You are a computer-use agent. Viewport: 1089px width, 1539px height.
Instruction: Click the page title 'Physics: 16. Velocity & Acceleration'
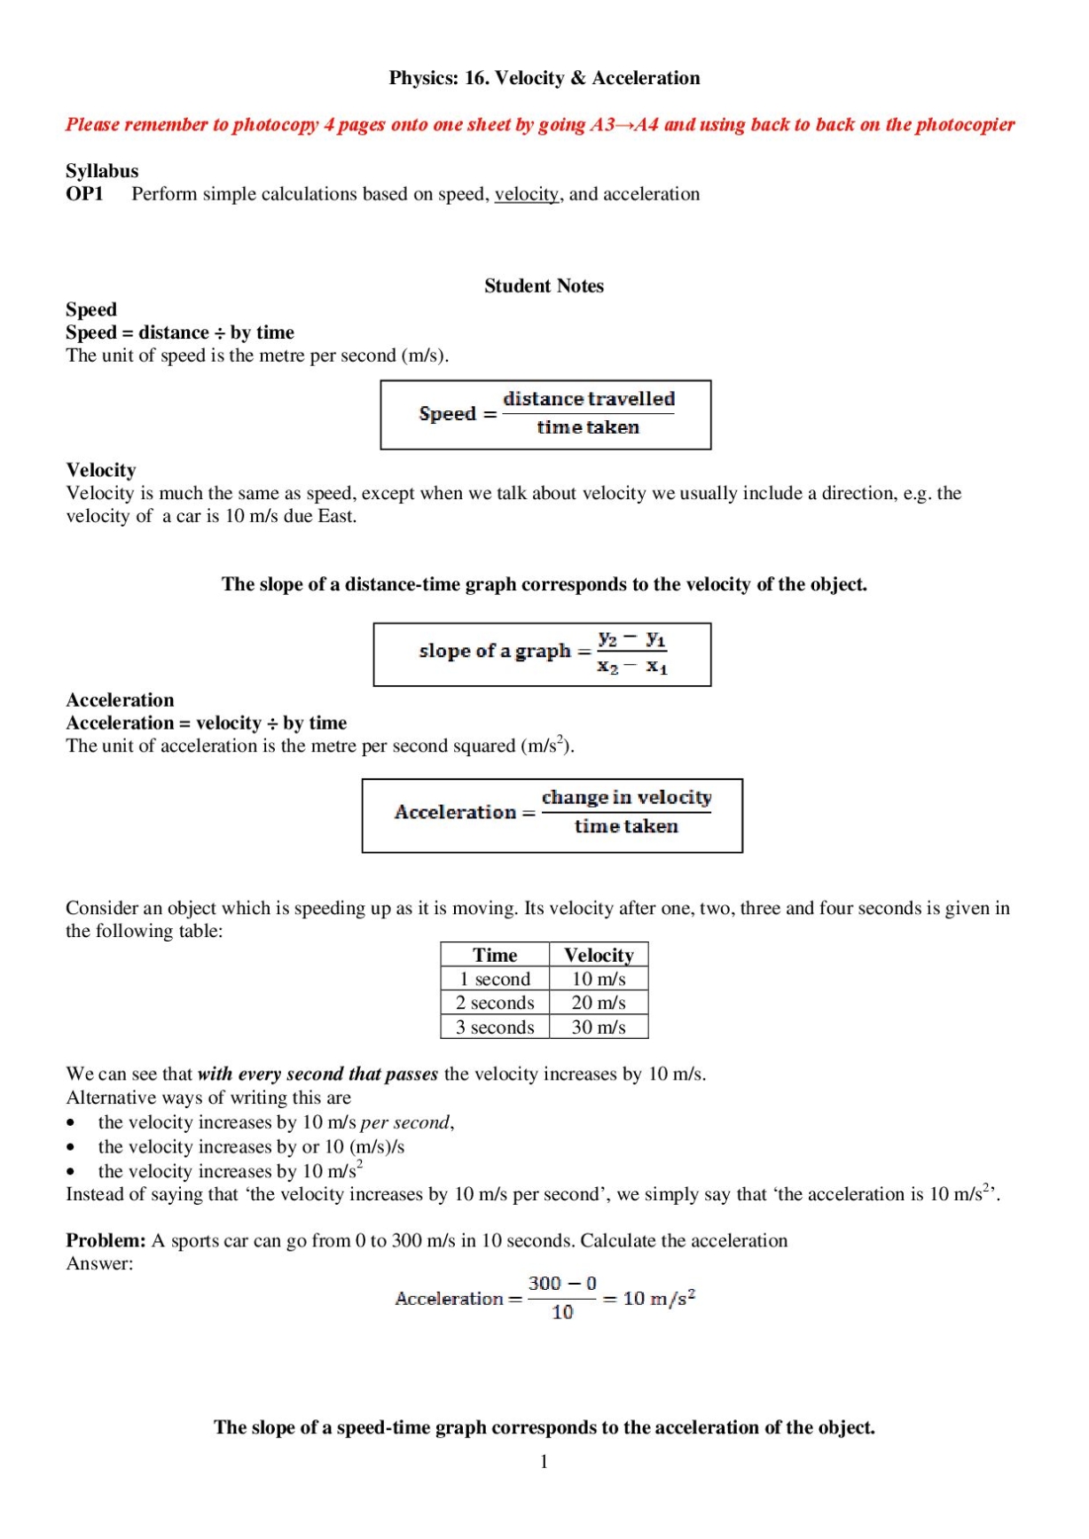coord(544,78)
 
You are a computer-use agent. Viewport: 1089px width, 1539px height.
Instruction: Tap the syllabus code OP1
coord(84,194)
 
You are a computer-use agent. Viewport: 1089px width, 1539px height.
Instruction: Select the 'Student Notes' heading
coord(544,286)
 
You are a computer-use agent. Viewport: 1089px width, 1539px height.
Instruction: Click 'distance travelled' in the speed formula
coord(589,399)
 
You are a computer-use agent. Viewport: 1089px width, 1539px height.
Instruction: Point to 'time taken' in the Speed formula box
coord(587,427)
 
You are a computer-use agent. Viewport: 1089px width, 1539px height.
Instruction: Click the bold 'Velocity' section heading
coord(101,470)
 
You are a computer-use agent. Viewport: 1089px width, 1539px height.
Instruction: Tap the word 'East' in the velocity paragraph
coord(335,516)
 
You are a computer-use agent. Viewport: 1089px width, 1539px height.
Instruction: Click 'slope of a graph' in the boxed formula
coord(494,652)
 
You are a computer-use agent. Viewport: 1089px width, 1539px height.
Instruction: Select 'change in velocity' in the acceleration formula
coord(626,798)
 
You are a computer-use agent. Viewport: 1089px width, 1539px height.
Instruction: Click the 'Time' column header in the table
coord(495,956)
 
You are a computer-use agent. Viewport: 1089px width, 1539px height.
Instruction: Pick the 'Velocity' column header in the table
coord(599,956)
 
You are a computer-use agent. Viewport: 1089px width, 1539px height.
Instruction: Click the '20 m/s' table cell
coord(599,1004)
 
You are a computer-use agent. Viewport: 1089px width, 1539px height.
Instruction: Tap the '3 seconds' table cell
coord(495,1027)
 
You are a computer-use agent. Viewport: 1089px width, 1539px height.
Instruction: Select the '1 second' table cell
coord(495,980)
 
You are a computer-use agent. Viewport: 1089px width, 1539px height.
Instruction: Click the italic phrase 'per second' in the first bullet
coord(404,1123)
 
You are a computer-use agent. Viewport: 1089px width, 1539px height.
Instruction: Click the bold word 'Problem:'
coord(106,1241)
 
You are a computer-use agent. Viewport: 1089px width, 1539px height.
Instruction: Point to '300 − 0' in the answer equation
coord(562,1284)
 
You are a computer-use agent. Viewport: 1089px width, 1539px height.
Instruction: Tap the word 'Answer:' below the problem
coord(99,1264)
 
